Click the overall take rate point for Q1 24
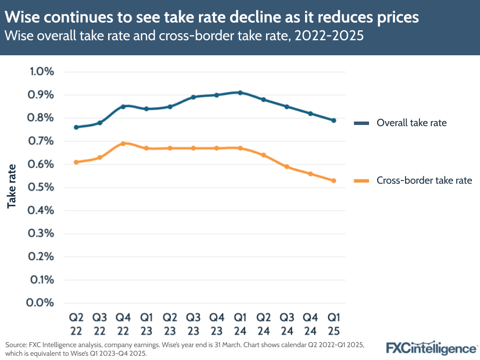(x=240, y=93)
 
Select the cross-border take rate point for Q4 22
(x=123, y=143)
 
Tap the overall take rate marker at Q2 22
(x=76, y=127)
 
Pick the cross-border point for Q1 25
(x=333, y=181)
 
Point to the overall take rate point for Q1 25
(x=333, y=120)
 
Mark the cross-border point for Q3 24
(x=286, y=167)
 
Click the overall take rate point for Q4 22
(x=123, y=106)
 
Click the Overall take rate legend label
(x=411, y=123)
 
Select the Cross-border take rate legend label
(x=424, y=181)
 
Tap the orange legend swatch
(x=361, y=181)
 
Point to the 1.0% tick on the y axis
(x=42, y=72)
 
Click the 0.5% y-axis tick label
(x=42, y=187)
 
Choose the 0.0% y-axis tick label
(x=42, y=303)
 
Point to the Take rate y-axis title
(x=12, y=186)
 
